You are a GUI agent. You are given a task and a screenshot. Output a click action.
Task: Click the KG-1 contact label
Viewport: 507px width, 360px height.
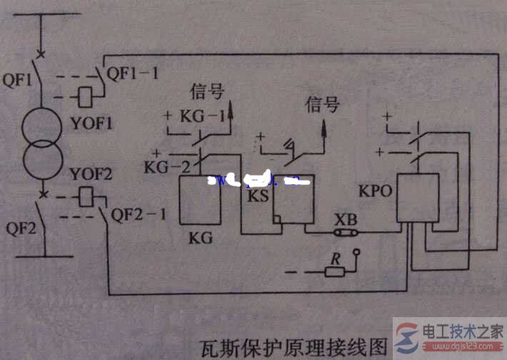[196, 114]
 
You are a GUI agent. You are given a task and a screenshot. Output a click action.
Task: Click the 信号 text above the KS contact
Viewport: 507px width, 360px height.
[321, 106]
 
